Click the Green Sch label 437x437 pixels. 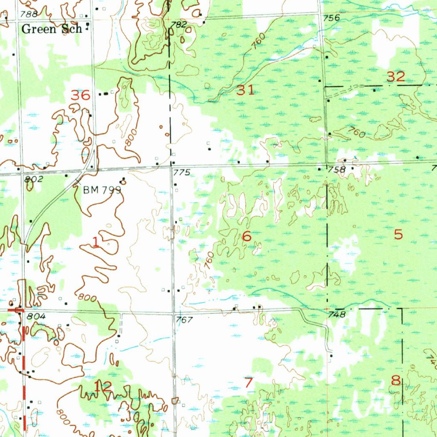point(51,29)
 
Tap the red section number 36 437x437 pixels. point(81,95)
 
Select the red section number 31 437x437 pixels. point(246,90)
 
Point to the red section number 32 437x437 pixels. point(396,77)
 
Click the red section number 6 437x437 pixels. point(246,236)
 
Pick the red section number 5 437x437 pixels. point(398,234)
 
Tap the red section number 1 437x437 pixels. point(96,243)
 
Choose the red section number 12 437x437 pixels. point(102,387)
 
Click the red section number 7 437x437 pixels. point(249,382)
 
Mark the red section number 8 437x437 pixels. point(396,380)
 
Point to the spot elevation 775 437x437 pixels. point(181,172)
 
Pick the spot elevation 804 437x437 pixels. point(36,317)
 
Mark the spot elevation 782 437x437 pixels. point(178,25)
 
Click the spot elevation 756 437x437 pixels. point(331,18)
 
